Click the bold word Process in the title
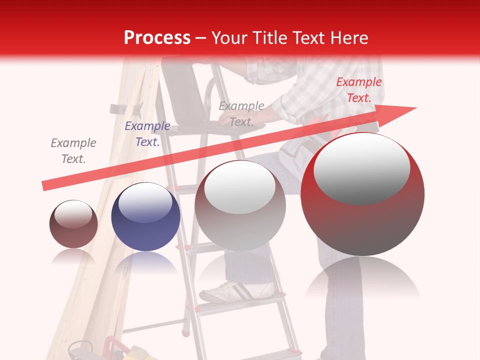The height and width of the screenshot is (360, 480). click(x=157, y=38)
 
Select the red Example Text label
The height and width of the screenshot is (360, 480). click(x=358, y=90)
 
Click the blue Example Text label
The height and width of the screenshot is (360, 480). click(x=147, y=134)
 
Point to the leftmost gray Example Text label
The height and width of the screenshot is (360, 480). click(x=73, y=151)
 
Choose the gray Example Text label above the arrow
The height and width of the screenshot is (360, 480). click(x=241, y=114)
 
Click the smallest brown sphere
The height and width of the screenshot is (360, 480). click(x=73, y=224)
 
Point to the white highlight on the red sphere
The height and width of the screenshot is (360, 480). click(x=361, y=168)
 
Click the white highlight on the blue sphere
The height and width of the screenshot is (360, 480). click(x=145, y=203)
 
